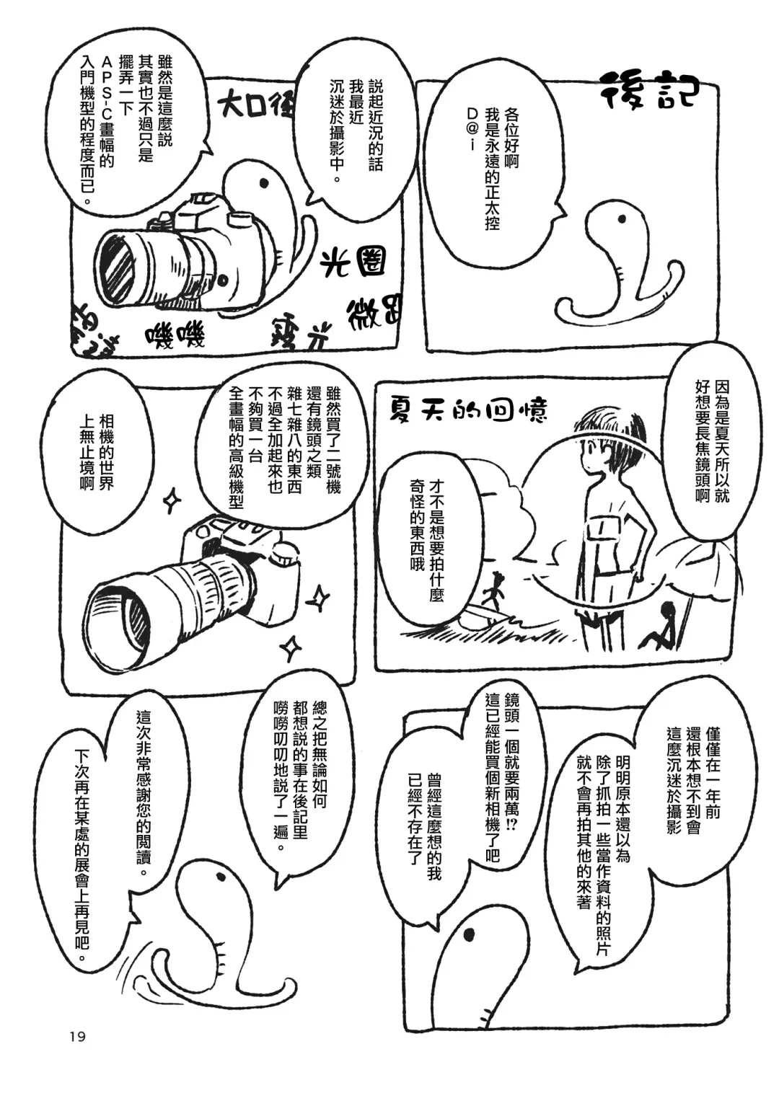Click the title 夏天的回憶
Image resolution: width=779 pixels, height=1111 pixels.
coord(467,410)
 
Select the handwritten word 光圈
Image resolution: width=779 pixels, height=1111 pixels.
coord(353,263)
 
